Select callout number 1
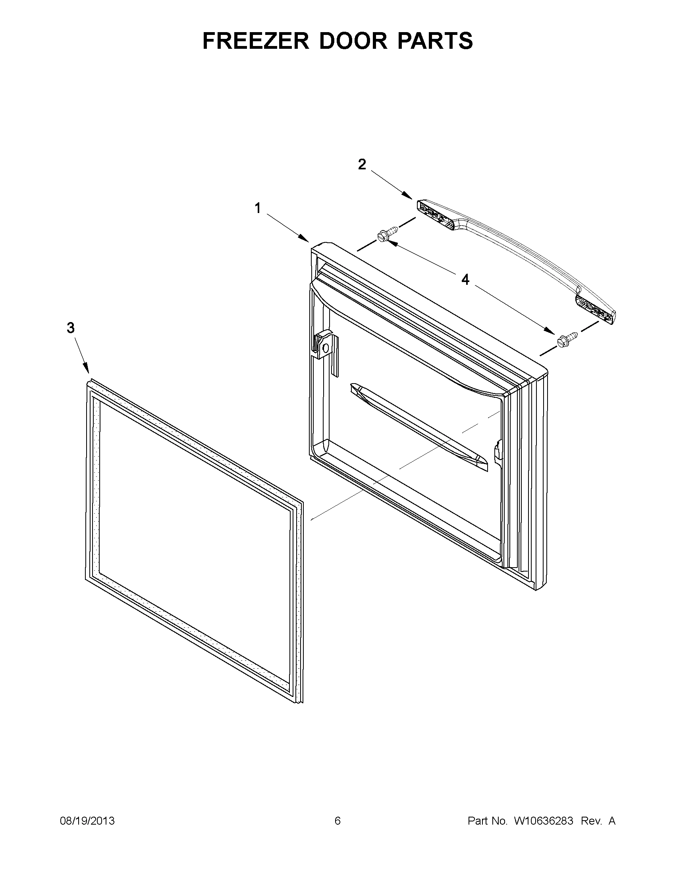click(x=258, y=208)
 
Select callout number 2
click(x=362, y=164)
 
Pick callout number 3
click(x=70, y=328)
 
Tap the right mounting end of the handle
click(x=594, y=310)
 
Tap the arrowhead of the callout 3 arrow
click(x=87, y=371)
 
